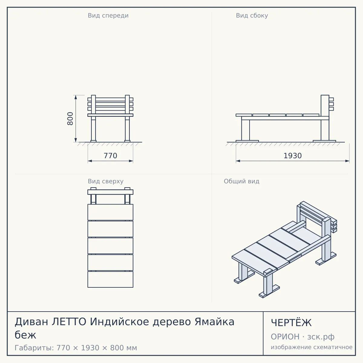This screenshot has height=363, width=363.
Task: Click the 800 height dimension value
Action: (70, 119)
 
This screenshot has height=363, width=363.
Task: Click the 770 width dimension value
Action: (110, 156)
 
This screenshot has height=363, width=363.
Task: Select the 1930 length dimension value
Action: (293, 156)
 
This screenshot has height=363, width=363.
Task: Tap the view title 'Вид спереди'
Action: (108, 16)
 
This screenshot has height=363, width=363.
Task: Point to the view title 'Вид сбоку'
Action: (252, 16)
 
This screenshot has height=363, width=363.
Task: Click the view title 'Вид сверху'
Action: (106, 181)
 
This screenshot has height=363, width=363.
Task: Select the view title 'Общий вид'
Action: (241, 181)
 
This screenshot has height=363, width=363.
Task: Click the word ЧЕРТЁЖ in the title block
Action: (291, 323)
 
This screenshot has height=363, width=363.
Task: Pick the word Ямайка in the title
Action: (214, 322)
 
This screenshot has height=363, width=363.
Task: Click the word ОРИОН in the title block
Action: (285, 337)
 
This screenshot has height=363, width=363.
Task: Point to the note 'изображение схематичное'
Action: (312, 347)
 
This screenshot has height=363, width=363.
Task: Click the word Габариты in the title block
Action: (34, 348)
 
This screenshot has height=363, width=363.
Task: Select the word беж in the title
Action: (25, 335)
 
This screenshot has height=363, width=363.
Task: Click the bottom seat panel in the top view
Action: (110, 280)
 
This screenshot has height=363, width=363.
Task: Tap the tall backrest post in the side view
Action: (325, 118)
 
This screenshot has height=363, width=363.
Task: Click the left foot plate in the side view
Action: (247, 141)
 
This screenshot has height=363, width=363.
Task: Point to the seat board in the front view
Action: (110, 115)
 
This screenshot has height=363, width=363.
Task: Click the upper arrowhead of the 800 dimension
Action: (76, 97)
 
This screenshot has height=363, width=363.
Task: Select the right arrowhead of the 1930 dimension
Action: (347, 161)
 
